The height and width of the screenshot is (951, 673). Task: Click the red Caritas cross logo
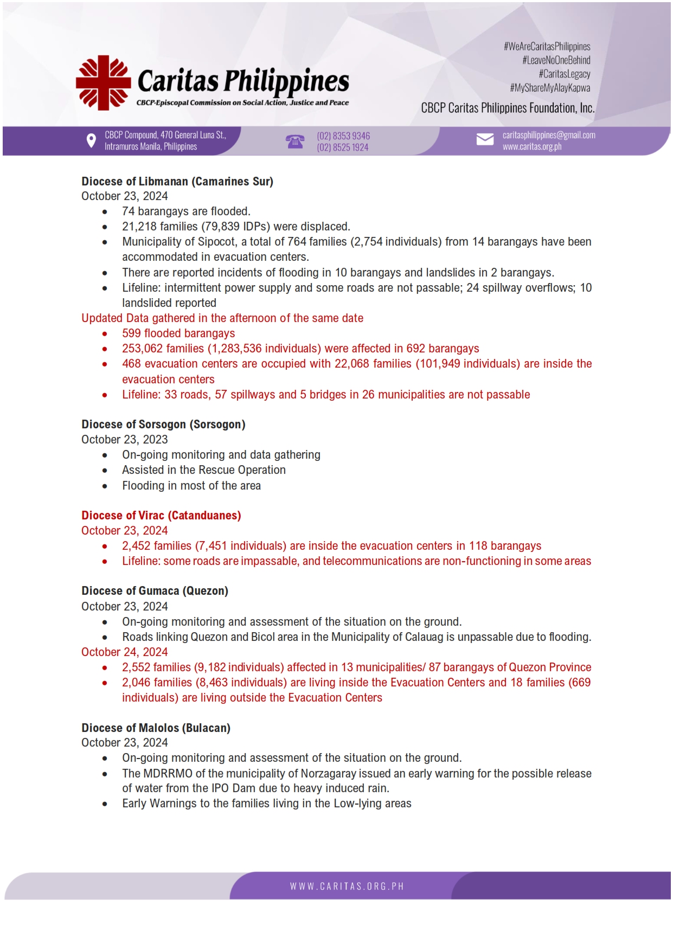(103, 82)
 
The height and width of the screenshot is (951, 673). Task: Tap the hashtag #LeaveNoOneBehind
(556, 60)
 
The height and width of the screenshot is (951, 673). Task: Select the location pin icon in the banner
(91, 141)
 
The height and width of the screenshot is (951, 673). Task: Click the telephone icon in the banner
(294, 142)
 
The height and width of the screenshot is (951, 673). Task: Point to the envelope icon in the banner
(484, 140)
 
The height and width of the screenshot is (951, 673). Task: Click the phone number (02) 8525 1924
(342, 147)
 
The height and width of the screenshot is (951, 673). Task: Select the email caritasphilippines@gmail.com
(548, 135)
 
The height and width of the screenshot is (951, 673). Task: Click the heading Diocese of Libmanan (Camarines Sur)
(177, 181)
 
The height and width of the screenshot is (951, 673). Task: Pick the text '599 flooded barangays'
(178, 333)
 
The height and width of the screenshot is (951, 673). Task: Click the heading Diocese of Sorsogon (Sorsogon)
(163, 425)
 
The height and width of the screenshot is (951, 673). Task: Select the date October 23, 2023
(125, 440)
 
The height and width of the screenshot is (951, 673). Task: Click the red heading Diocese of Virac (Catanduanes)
(161, 516)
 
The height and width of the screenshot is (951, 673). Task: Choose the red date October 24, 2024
(125, 652)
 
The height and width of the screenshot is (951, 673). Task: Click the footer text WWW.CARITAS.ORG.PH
(347, 886)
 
